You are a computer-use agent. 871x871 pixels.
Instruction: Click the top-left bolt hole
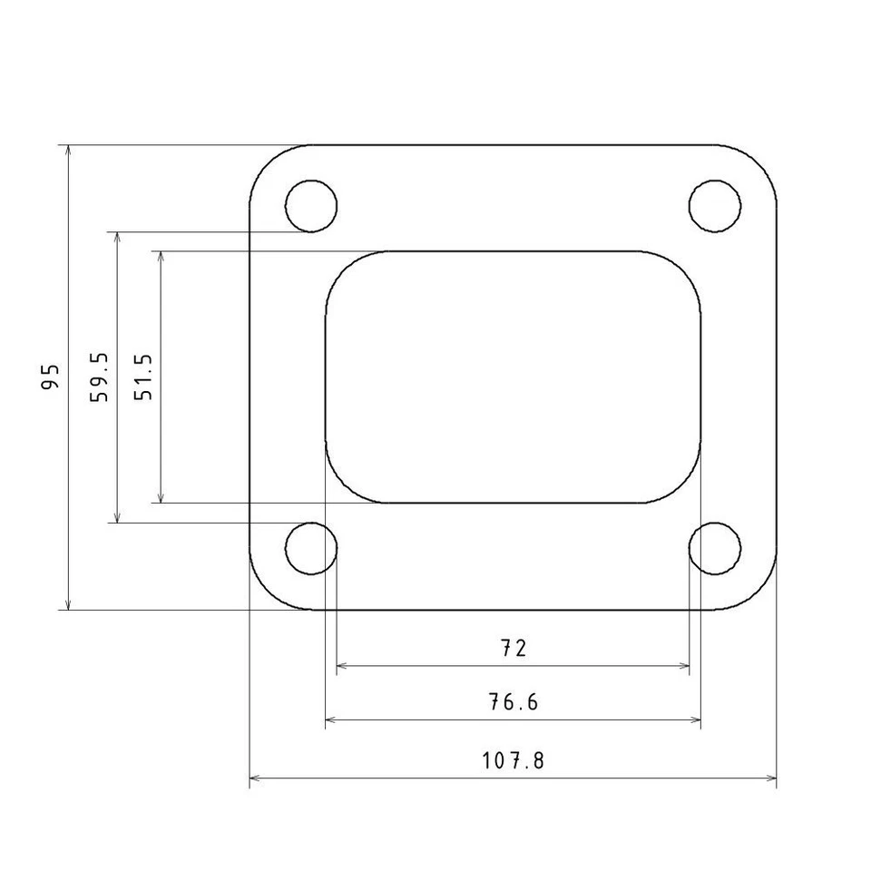click(311, 205)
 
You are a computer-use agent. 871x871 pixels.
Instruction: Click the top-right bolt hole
click(714, 205)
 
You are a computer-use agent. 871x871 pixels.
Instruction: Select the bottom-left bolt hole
click(311, 549)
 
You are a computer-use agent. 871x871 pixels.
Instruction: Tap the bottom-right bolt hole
click(714, 549)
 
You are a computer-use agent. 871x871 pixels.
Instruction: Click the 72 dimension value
click(514, 648)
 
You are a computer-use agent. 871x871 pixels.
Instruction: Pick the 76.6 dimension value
click(514, 702)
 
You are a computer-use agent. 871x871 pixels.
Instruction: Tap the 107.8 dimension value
click(514, 760)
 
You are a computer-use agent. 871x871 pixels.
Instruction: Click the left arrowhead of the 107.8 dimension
click(254, 778)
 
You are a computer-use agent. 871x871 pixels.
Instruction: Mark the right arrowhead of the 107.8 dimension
click(772, 778)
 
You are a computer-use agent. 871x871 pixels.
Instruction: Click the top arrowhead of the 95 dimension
click(68, 151)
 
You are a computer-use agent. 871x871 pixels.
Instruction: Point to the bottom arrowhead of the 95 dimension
click(68, 603)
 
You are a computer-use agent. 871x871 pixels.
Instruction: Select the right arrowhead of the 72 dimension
click(684, 666)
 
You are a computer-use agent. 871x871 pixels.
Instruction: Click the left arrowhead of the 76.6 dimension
click(330, 720)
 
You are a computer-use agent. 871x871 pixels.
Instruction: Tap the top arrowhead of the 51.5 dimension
click(161, 257)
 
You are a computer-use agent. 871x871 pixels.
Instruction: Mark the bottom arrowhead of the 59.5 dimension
click(117, 517)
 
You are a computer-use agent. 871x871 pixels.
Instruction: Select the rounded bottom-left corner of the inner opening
click(343, 485)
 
